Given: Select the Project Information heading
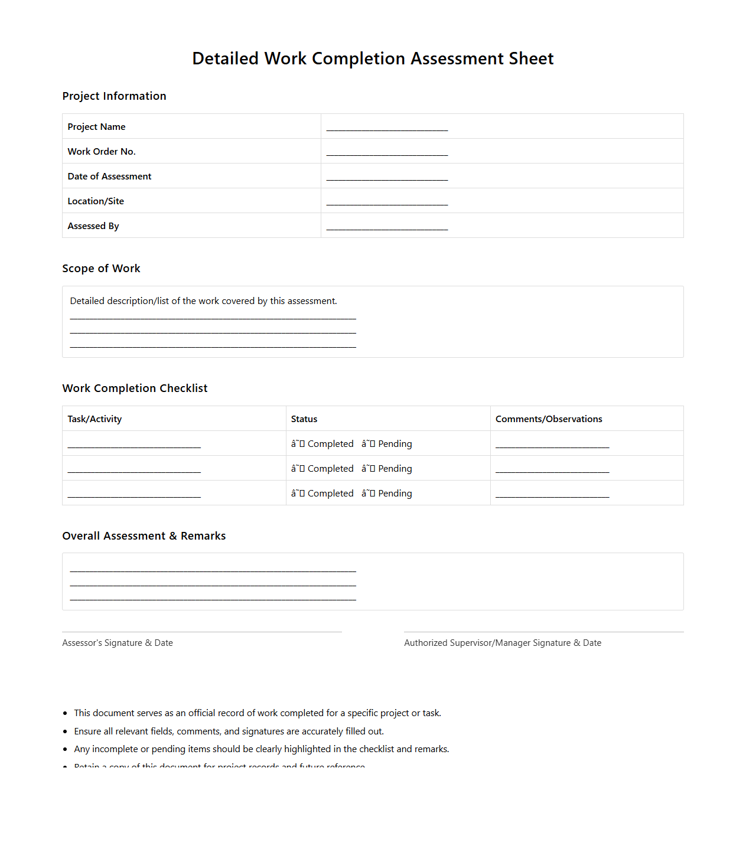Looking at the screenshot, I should point(114,96).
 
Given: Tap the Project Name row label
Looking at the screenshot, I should point(96,127).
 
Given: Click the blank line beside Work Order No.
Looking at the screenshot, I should point(387,153).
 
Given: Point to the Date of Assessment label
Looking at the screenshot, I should point(109,177).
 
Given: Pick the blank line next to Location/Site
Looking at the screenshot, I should point(387,202).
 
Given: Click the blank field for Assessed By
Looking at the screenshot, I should point(387,227).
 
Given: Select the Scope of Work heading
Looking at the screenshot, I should point(101,269).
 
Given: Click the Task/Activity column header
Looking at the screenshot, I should point(95,419).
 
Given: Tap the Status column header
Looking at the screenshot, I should point(304,419).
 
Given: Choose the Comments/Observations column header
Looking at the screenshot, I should point(549,419).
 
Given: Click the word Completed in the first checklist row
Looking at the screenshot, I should point(330,444).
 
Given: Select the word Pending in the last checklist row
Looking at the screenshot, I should point(395,494).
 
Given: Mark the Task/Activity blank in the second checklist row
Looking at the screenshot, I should point(134,470).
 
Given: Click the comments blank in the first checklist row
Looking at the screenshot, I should point(552,445).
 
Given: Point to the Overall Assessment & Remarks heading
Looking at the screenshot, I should point(144,536).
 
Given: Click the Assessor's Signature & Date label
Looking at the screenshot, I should point(118,643).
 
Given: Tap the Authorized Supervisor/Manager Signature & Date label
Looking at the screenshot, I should point(502,643).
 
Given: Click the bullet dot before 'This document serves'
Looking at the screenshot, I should point(65,714).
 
